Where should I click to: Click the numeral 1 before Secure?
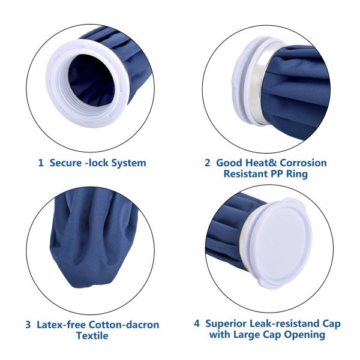40,163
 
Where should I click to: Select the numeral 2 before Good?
208,163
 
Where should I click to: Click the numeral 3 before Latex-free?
28,325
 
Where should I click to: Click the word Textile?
92,336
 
